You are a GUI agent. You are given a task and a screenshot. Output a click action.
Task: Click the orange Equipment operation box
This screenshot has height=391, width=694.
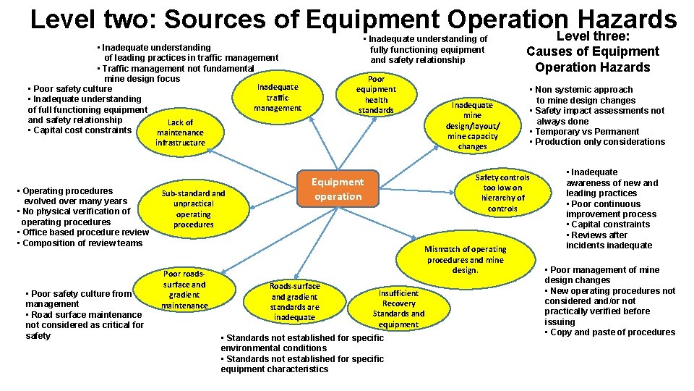pos(338,189)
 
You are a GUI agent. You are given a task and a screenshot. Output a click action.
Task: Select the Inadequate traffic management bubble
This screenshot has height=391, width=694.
pos(278,98)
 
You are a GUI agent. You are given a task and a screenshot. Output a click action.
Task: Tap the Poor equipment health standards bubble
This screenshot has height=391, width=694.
pos(376,95)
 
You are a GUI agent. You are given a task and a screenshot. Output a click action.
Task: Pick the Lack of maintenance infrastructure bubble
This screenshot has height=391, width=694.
pos(180,133)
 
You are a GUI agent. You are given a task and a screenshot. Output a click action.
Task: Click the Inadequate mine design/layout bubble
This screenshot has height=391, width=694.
pos(472,125)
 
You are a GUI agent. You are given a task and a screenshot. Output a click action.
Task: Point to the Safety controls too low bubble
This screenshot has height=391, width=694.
pos(502,193)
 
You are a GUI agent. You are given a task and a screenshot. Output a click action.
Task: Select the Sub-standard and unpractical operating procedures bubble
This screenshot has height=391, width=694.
pos(193,209)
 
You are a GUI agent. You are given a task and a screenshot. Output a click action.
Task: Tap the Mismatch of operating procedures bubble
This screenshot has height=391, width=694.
pos(466,259)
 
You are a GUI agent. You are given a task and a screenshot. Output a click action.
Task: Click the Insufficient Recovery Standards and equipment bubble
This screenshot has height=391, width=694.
pos(398,308)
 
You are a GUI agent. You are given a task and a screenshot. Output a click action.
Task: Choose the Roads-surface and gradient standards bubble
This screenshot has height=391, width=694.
pos(295,301)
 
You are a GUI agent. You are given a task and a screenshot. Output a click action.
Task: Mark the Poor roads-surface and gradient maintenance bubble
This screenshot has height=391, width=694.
pos(184,290)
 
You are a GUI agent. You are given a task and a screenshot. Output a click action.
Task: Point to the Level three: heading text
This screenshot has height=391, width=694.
pos(592,35)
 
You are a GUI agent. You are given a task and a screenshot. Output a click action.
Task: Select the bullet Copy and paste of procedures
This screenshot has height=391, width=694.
pos(612,332)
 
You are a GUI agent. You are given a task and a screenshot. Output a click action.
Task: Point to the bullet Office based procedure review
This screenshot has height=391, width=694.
pos(83,232)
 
